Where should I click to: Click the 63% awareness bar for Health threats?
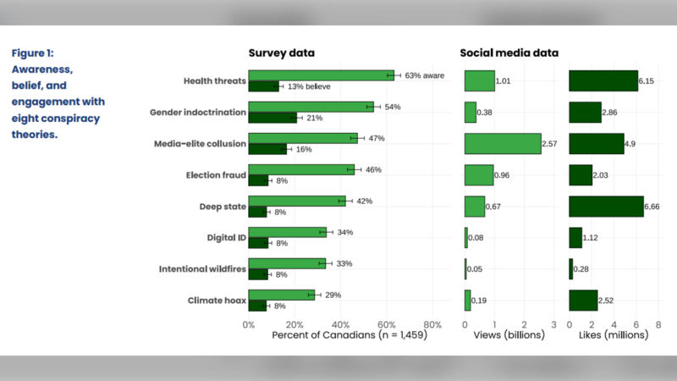coord(322,75)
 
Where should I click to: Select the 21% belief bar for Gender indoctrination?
coord(272,118)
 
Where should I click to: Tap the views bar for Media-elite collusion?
coord(503,143)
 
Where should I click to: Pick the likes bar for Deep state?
coord(606,207)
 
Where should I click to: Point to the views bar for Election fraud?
coord(479,175)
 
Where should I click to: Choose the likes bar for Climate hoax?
coord(583,301)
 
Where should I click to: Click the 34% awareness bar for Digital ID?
coord(288,232)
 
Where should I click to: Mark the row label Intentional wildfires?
coord(202,268)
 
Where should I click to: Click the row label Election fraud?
coord(216,175)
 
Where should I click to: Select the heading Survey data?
coord(282,52)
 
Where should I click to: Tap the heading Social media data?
coord(509,52)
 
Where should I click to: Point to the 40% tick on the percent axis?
coord(340,325)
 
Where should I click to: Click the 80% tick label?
coord(432,325)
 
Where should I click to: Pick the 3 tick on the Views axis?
coord(554,325)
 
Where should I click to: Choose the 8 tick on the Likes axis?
coord(658,325)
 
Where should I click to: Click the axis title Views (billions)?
coord(509,335)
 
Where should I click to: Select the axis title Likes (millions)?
coord(614,335)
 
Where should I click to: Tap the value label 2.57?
coord(549,144)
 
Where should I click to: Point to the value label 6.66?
coord(652,207)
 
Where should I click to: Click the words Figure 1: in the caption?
coord(33,53)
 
